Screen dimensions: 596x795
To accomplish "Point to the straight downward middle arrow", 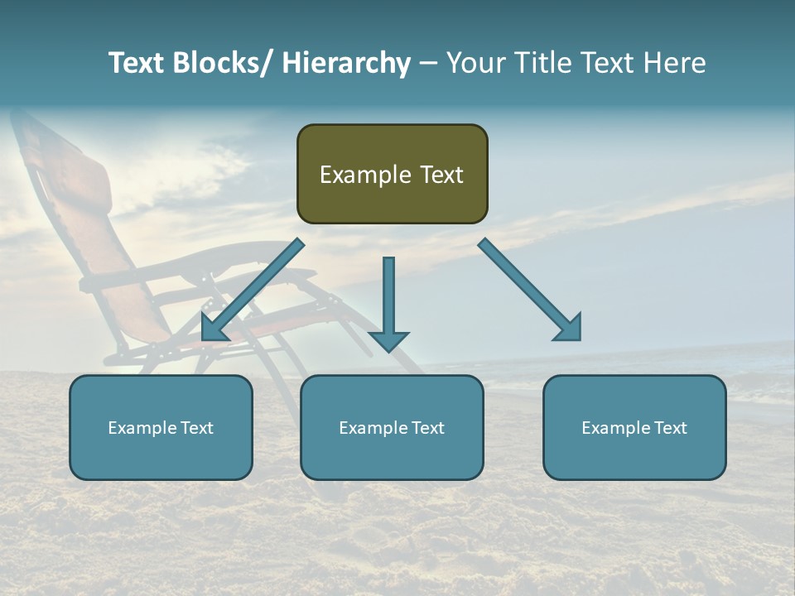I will click(388, 298).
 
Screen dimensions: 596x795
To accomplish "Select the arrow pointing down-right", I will click(530, 290).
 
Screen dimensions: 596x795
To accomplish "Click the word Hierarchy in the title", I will click(345, 64).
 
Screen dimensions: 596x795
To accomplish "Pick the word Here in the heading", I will click(674, 64).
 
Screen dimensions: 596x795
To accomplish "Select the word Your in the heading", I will click(475, 64).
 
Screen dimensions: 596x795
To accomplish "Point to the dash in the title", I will click(428, 64).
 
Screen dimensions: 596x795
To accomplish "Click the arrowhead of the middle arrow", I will click(388, 340).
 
